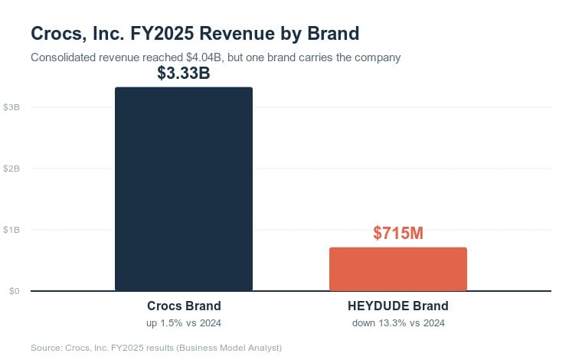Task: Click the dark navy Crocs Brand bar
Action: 184,189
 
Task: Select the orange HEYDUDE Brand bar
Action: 398,269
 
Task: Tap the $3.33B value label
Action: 184,73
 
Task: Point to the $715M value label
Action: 398,233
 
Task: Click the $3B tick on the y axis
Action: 11,107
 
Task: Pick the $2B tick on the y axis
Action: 11,169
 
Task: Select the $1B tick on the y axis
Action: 11,230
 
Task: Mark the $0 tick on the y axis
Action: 15,291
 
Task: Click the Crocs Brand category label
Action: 184,306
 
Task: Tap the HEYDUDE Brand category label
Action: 398,306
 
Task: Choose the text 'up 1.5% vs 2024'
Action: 184,323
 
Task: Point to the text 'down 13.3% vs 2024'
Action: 398,323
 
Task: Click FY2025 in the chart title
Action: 162,34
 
